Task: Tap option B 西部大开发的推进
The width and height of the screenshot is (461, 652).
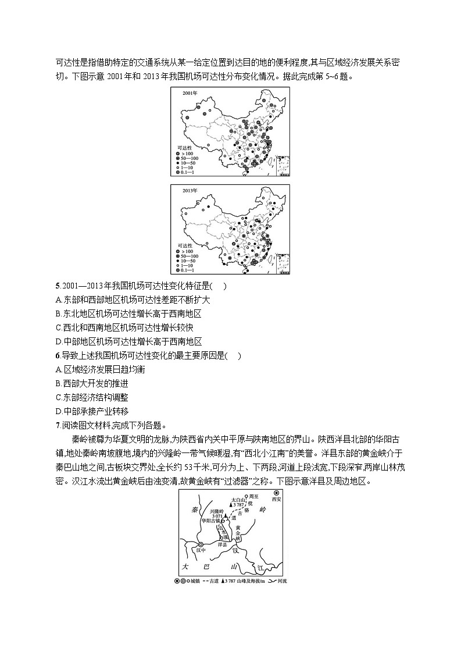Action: point(91,383)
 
